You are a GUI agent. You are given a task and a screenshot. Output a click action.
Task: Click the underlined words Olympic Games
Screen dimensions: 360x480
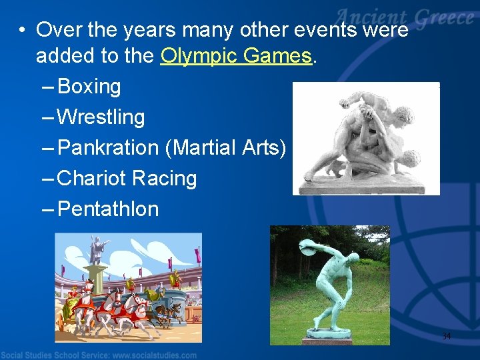[237, 57]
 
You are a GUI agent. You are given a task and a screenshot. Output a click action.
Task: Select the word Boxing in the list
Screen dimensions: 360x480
[89, 87]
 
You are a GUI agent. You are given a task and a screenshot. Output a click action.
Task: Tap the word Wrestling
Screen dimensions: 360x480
[101, 117]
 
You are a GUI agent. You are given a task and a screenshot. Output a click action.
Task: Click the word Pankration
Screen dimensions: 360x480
[108, 148]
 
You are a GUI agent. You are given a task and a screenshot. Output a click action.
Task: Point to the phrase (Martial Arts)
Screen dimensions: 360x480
[225, 148]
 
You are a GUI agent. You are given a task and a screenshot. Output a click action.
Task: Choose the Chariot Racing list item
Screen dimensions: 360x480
[127, 179]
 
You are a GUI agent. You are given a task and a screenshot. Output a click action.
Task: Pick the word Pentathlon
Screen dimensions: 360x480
[108, 209]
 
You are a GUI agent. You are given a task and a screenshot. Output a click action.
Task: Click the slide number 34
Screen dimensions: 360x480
[446, 336]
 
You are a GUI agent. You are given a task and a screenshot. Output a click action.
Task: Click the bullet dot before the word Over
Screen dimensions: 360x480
[22, 31]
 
